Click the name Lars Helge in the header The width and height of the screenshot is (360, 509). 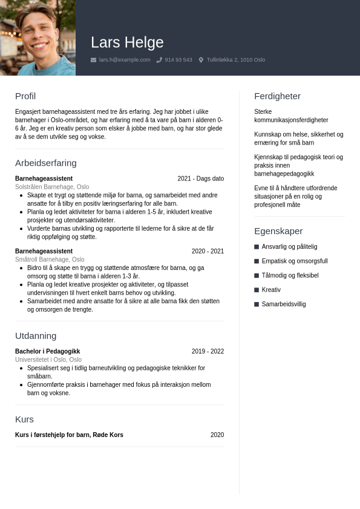click(127, 42)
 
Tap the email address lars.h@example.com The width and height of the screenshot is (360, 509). click(125, 60)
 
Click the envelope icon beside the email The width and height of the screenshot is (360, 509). click(93, 60)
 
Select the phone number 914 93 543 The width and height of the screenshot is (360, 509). click(178, 60)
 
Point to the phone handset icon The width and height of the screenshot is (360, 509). click(159, 60)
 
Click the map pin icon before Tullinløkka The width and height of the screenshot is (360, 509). click(201, 60)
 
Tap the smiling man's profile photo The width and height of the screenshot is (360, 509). click(38, 38)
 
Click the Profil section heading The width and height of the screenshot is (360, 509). click(25, 96)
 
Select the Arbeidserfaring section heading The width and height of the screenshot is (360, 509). click(46, 163)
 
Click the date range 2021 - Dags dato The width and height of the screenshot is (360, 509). click(201, 179)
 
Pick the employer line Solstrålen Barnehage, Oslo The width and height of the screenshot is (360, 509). click(52, 187)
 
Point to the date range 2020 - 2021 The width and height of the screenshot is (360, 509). click(208, 251)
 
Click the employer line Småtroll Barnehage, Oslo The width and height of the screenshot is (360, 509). click(50, 260)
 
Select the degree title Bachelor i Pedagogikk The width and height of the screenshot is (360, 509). click(47, 352)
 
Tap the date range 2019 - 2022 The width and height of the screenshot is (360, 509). click(208, 352)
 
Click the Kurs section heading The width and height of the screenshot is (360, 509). click(24, 419)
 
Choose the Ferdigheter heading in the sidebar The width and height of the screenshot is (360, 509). click(277, 96)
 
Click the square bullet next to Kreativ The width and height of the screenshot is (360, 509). click(257, 290)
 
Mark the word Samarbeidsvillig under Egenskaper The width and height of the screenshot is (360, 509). click(284, 304)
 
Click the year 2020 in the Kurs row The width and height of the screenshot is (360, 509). click(217, 435)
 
